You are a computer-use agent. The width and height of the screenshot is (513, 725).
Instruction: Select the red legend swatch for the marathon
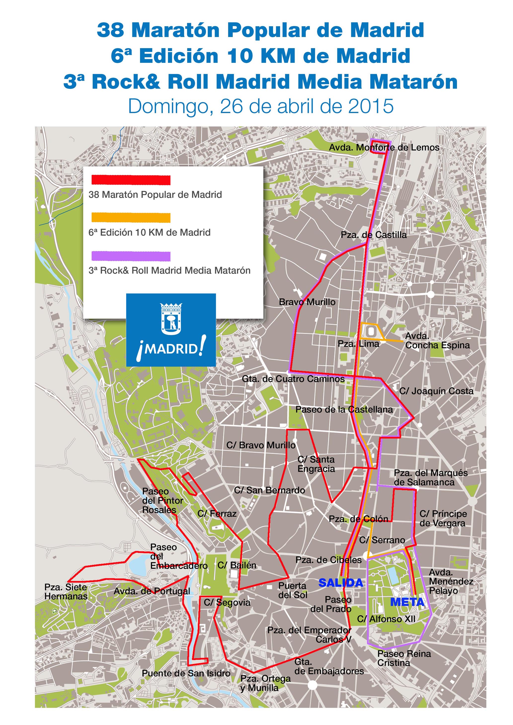pos(131,180)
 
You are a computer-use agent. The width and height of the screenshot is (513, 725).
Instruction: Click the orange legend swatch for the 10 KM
pos(131,218)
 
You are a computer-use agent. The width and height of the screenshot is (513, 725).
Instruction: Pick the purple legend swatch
pos(131,256)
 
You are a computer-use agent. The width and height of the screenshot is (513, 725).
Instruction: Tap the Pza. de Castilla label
pos(373,235)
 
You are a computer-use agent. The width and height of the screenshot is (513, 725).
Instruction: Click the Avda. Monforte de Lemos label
pos(384,147)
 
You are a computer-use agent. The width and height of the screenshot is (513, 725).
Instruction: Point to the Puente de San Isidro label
pos(186,673)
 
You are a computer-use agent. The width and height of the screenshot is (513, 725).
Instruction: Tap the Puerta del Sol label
pos(292,590)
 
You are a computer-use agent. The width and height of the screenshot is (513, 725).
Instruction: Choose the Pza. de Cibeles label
pos(328,560)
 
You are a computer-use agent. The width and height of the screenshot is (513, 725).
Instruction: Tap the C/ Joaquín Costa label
pos(436,391)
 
